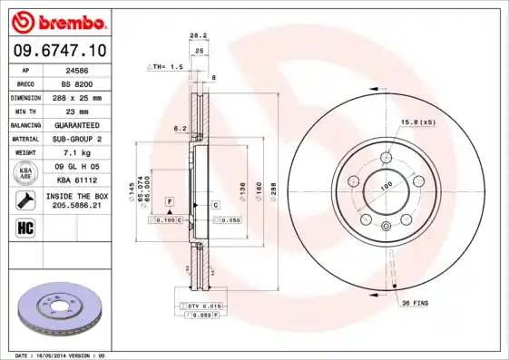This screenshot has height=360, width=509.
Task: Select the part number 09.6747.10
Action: (59, 50)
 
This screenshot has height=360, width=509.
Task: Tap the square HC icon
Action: (24, 227)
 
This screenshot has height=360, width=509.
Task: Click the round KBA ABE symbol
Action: (25, 173)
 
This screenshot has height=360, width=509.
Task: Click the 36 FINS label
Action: (416, 303)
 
